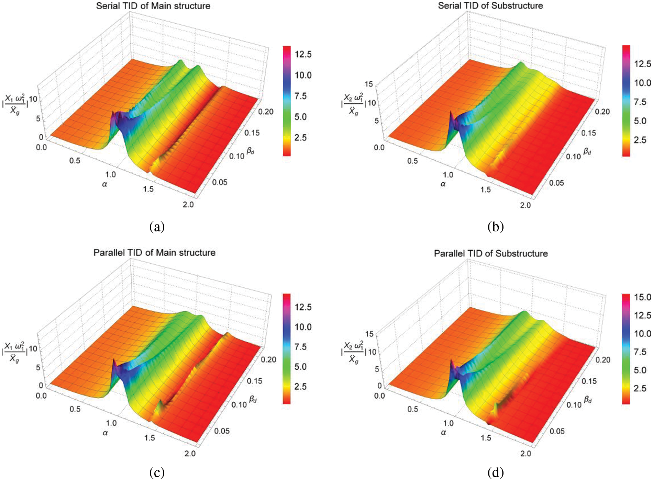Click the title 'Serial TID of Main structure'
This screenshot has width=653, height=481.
point(153,6)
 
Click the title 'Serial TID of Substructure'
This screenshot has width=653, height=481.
point(490,5)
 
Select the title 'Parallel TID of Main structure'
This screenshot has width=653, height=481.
point(154,253)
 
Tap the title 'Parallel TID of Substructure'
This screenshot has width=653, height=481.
point(491,253)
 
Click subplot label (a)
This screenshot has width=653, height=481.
point(157,227)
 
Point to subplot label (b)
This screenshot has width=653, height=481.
point(495,227)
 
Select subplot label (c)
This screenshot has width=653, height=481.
point(157,472)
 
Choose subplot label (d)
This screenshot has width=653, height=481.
point(495,472)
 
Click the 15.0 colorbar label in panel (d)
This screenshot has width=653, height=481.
point(642,297)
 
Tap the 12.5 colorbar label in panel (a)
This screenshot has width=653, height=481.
point(303,54)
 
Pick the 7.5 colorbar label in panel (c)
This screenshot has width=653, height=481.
point(300,347)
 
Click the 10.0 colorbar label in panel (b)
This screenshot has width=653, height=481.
point(642,83)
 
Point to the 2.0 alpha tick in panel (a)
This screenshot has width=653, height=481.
point(188,205)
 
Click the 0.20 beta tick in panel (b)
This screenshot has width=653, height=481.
point(602,112)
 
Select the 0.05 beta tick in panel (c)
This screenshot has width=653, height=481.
point(222,431)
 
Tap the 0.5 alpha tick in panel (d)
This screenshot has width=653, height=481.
point(412,409)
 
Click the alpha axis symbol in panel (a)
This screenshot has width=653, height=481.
point(104,184)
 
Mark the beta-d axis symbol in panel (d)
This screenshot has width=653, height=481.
point(588,399)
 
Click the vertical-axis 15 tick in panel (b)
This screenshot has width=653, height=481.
point(369,84)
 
